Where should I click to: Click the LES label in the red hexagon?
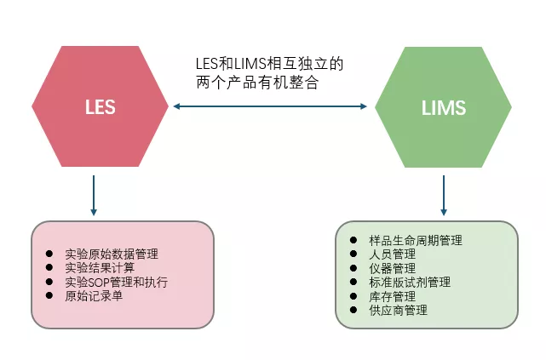100,108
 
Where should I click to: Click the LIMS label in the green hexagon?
443,108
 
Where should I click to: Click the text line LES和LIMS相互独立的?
270,65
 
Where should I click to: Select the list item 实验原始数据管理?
111,254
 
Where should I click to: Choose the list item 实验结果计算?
99,268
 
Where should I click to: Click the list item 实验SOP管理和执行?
116,282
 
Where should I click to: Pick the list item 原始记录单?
93,296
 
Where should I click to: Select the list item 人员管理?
393,254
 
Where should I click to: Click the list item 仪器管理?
393,268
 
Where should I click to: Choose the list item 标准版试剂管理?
410,283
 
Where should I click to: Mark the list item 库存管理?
393,296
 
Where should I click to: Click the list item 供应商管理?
399,311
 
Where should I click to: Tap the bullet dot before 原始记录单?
49,296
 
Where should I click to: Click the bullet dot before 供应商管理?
353,311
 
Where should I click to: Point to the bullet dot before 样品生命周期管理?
353,241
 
